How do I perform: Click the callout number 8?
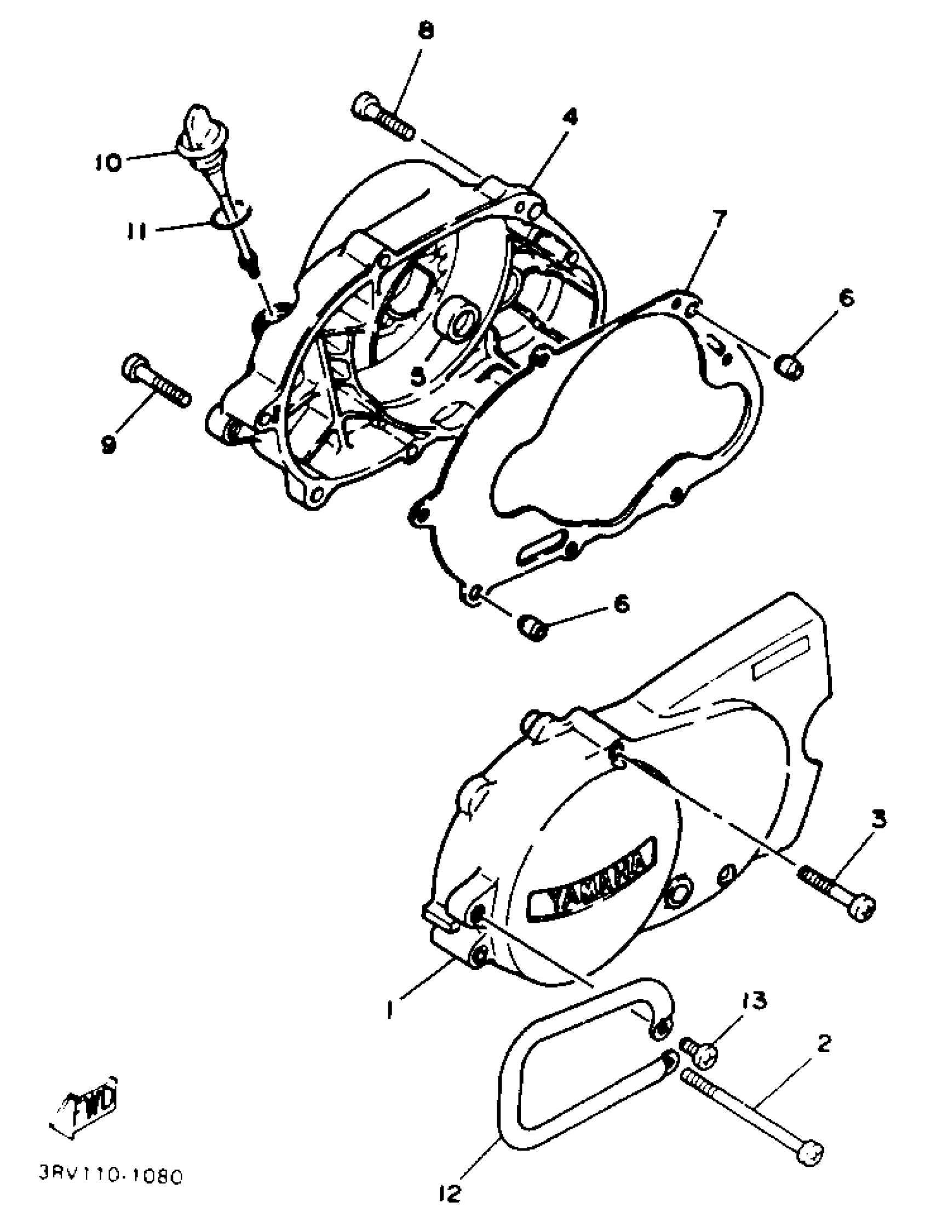point(426,32)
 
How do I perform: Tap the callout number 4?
point(570,117)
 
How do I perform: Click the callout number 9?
point(108,444)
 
